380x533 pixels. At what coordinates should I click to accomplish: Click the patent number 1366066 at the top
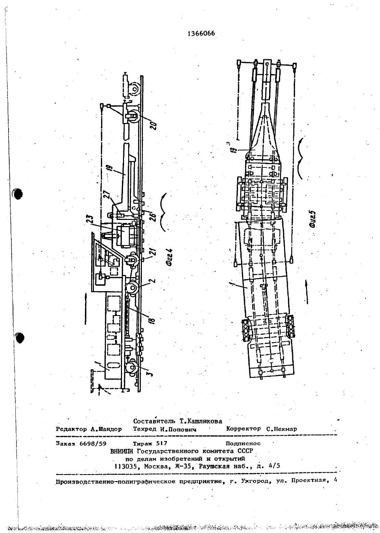coord(201,34)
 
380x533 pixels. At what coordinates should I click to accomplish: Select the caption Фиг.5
coord(312,219)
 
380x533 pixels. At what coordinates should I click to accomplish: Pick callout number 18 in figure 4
coord(152,320)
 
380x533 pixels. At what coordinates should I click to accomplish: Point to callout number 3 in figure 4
coord(150,373)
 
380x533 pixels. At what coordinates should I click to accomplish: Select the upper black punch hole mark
coord(17,194)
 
